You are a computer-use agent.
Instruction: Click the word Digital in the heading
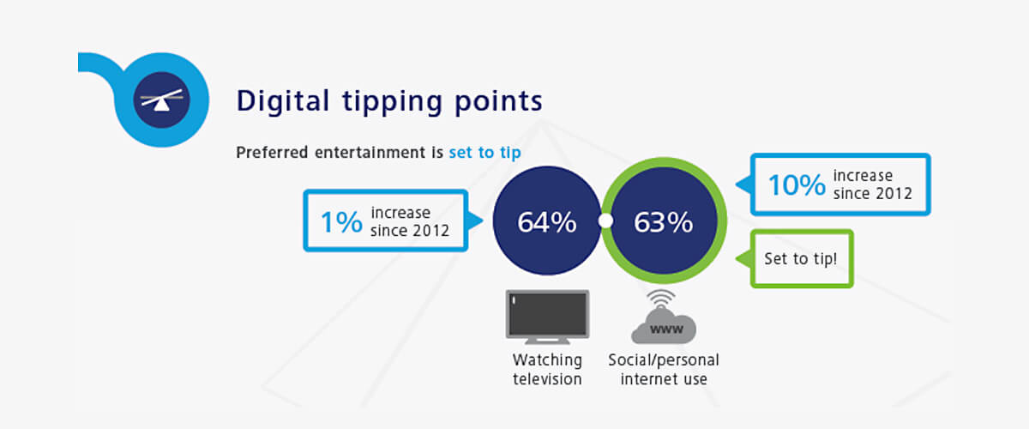[283, 100]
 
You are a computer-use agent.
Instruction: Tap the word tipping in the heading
[392, 102]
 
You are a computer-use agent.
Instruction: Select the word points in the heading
[498, 102]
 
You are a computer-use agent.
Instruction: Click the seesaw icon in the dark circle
[161, 100]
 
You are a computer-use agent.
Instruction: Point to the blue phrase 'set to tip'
[485, 153]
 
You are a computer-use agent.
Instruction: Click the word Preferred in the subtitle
[272, 153]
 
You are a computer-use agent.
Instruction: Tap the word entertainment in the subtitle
[370, 152]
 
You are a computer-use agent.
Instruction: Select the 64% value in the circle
[547, 222]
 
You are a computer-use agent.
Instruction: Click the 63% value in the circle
[664, 222]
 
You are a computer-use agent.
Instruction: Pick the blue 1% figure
[341, 222]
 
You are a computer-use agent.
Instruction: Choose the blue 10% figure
[797, 184]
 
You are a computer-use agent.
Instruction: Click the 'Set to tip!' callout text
[800, 258]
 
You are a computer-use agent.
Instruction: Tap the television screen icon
[547, 317]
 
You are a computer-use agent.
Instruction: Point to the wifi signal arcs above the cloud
[660, 299]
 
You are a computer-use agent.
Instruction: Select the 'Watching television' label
[547, 369]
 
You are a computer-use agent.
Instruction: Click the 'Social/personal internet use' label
[664, 369]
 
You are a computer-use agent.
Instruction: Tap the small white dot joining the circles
[605, 221]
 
